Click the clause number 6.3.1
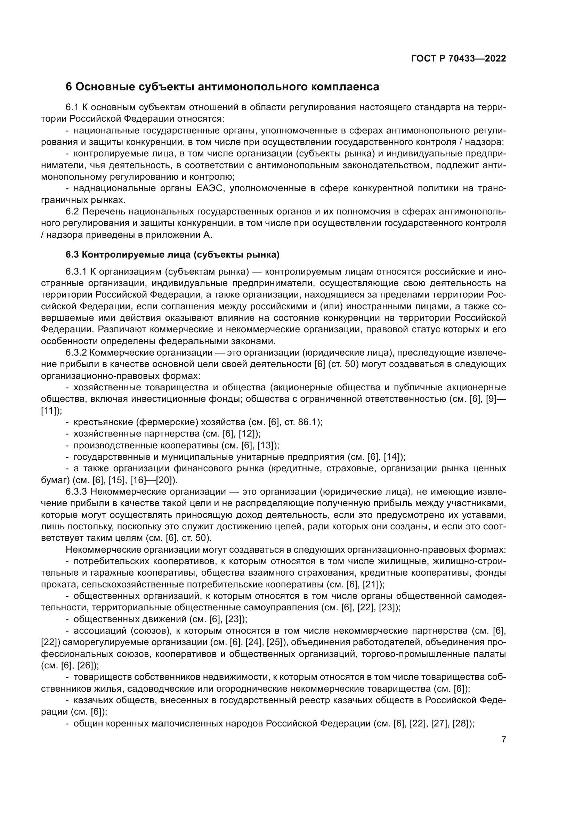(x=76, y=272)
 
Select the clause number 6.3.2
(x=76, y=353)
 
